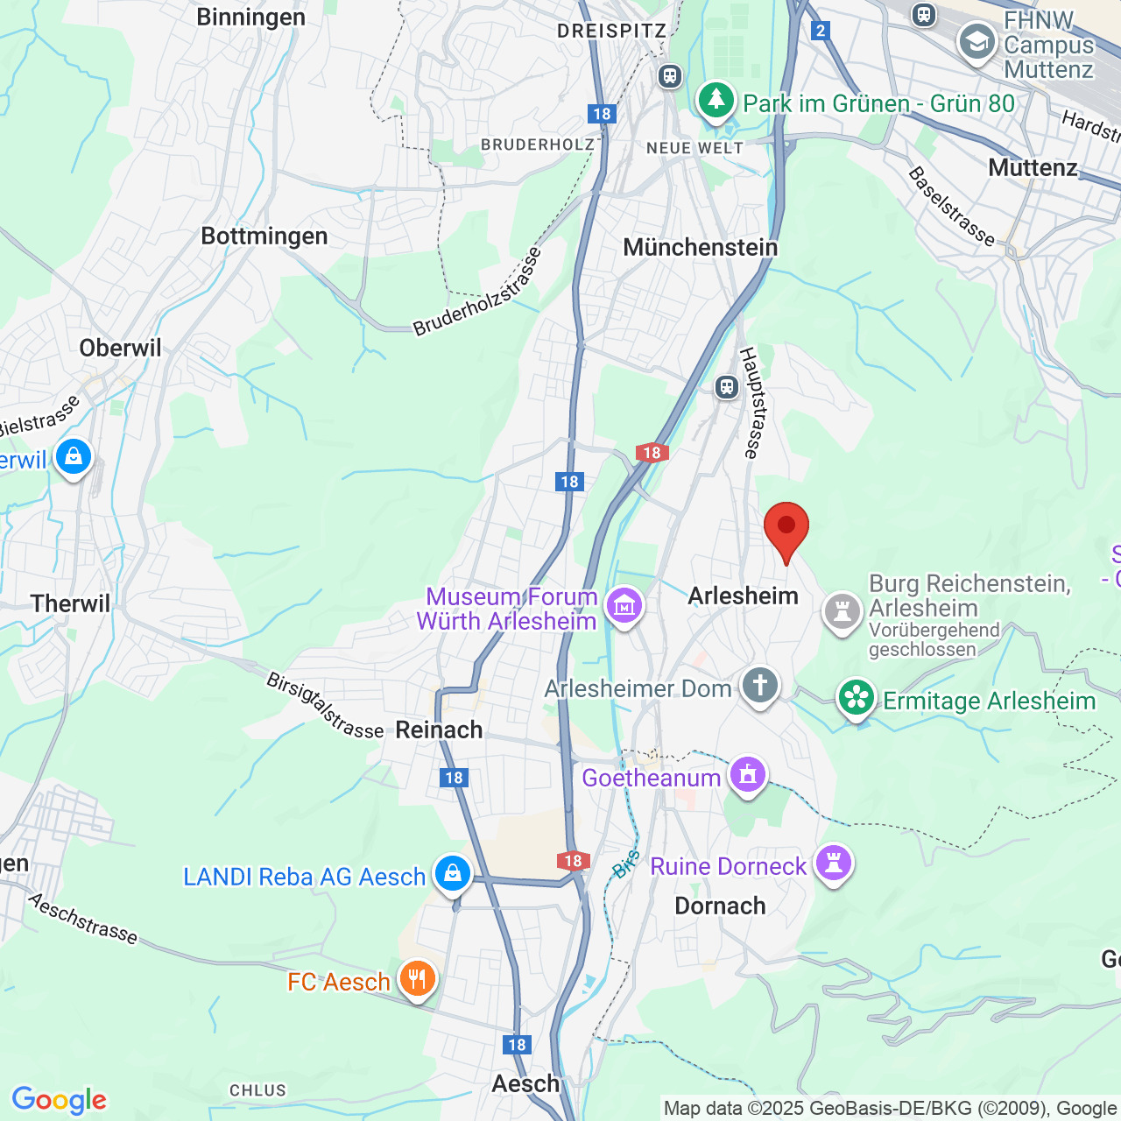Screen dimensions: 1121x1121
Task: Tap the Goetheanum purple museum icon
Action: (x=747, y=775)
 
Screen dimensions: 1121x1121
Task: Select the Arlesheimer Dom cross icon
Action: (x=759, y=686)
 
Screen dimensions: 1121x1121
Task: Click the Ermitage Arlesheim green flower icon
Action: (x=857, y=699)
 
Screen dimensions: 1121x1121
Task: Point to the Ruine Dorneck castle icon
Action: (x=833, y=863)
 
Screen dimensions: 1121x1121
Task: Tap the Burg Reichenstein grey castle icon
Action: (x=842, y=610)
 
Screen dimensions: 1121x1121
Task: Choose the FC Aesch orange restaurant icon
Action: (x=417, y=977)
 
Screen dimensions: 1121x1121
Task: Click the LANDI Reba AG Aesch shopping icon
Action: (x=452, y=873)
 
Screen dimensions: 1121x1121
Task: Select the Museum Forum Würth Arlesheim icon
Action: (x=624, y=604)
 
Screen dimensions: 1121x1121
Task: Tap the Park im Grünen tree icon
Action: (x=716, y=100)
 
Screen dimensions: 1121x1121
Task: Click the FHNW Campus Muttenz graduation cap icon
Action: (x=976, y=42)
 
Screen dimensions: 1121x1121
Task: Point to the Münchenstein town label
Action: (x=700, y=247)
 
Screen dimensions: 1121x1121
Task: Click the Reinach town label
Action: (x=439, y=730)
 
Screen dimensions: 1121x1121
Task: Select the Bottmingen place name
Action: (x=264, y=236)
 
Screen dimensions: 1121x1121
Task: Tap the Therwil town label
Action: (x=71, y=603)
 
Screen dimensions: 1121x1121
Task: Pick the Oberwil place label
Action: (x=121, y=348)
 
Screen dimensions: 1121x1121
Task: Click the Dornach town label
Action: (x=720, y=906)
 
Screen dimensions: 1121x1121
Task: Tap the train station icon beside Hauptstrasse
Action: (x=726, y=386)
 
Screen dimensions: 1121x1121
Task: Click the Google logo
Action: (x=60, y=1100)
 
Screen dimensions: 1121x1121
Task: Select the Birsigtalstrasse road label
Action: (x=325, y=705)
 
